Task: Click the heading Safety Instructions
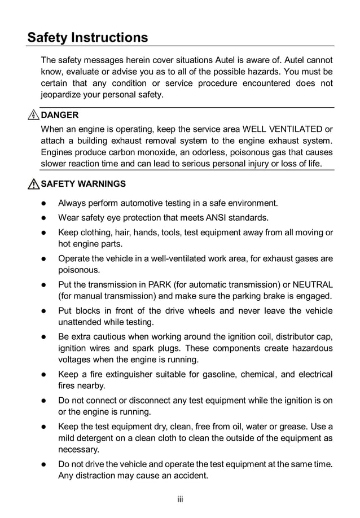87,38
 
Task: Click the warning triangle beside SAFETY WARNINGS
34,184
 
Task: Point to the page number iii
180,499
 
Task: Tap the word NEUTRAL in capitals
310,284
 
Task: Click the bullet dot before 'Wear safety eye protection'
42,218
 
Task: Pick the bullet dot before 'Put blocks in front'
42,311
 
